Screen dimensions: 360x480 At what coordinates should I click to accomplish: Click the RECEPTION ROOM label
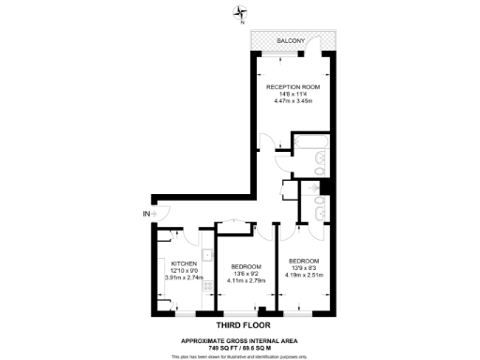pos(292,86)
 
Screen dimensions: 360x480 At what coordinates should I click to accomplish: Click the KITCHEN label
pos(183,263)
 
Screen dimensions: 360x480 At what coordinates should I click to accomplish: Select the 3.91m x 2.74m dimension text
pos(183,277)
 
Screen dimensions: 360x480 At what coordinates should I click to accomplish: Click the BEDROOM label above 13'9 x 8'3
pos(305,260)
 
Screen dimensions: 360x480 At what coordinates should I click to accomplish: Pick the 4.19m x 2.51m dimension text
pos(305,275)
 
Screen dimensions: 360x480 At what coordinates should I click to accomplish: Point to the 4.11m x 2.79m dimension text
pos(245,280)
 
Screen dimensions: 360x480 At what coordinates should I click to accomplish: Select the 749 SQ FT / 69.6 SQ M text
pos(240,347)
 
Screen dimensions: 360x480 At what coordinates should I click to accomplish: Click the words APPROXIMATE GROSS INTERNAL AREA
pos(240,339)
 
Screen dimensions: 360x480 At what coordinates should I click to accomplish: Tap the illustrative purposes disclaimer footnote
pos(240,356)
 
